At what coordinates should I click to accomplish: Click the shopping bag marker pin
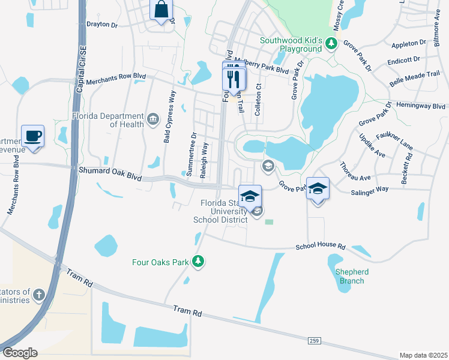(161, 10)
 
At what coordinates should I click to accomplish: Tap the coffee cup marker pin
(32, 136)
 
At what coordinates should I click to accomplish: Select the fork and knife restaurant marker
(234, 79)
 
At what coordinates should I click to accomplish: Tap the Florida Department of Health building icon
(153, 118)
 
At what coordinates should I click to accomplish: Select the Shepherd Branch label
(352, 275)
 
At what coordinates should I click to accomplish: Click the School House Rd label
(321, 247)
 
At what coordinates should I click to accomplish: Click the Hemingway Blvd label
(421, 105)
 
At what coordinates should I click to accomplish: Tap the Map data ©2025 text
(423, 355)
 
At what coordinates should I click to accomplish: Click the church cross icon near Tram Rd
(38, 294)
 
